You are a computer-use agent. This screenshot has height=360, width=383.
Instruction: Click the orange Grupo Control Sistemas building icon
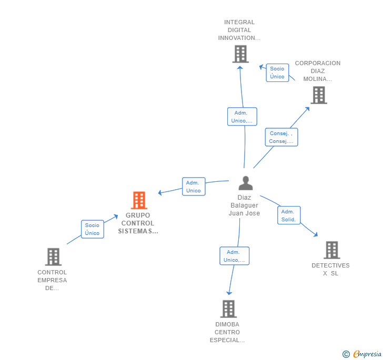pos(139,200)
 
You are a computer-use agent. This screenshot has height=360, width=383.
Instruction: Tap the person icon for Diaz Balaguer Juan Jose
pos(245,183)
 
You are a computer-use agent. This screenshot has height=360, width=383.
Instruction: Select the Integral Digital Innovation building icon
pos(240,54)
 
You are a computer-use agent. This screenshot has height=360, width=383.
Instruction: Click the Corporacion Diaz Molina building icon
pos(319,95)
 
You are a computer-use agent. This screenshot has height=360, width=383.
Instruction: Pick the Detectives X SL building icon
pos(331,250)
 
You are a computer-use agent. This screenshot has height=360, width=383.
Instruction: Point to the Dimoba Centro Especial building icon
pos(228,309)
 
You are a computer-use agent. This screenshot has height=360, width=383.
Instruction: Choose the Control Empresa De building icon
pos(53,257)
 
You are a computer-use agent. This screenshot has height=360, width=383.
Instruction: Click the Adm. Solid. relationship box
pos(289,215)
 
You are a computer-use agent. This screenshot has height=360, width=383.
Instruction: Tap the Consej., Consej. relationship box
pos(281,137)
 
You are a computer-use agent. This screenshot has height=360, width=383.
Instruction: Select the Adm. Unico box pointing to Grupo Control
pos(194,187)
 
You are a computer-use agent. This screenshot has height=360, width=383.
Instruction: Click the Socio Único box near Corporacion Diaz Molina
pos(277,73)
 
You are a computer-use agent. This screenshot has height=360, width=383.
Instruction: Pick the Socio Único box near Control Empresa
pos(92,229)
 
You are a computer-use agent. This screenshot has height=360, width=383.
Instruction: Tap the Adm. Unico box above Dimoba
pos(234,256)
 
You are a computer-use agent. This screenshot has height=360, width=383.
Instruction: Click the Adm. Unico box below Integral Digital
pos(242,117)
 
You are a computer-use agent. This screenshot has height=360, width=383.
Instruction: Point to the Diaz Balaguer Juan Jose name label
pos(244,205)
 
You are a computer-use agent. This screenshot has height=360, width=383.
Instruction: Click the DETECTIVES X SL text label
pos(330,269)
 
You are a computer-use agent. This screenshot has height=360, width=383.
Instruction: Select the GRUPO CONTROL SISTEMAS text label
pos(138,223)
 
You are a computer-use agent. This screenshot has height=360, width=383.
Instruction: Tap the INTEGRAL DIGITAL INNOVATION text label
pos(239,30)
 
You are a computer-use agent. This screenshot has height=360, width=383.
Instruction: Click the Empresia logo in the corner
pos(361,354)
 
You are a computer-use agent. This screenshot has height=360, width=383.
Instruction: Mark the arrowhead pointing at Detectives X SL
pos(316,235)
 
